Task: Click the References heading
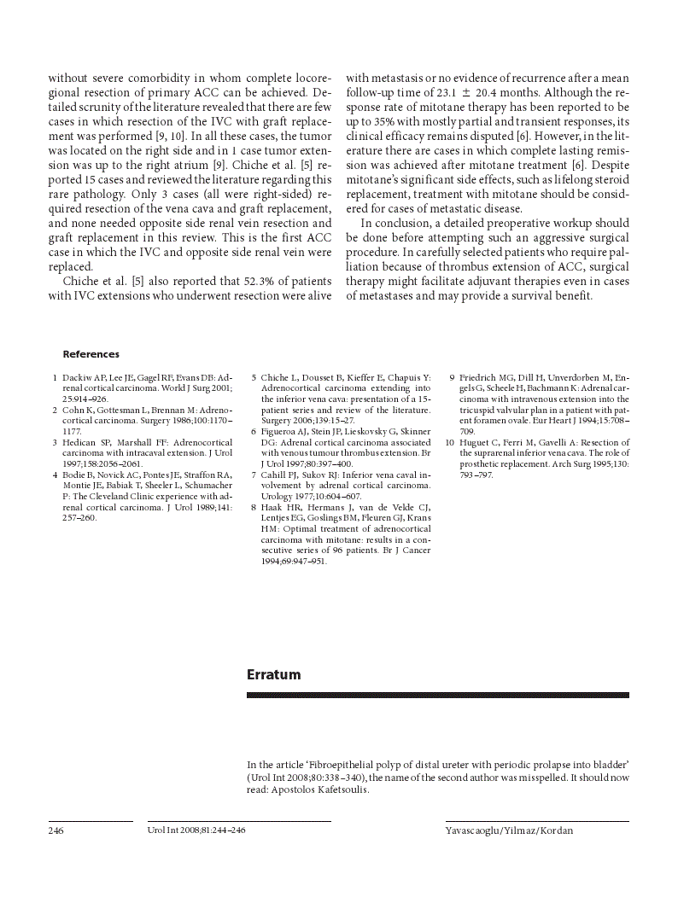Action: pos(91,354)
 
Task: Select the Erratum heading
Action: pos(273,675)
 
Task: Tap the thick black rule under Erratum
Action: pos(437,696)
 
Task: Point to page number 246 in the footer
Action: pos(56,830)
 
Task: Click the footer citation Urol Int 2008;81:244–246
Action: pos(196,830)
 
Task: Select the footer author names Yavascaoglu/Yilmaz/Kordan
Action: pos(509,830)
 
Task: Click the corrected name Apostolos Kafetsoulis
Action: pos(320,790)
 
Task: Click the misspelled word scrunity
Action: pos(101,107)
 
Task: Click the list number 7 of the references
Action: pos(254,475)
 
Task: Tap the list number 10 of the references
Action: pos(450,443)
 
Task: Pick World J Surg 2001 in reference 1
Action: pos(196,387)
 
